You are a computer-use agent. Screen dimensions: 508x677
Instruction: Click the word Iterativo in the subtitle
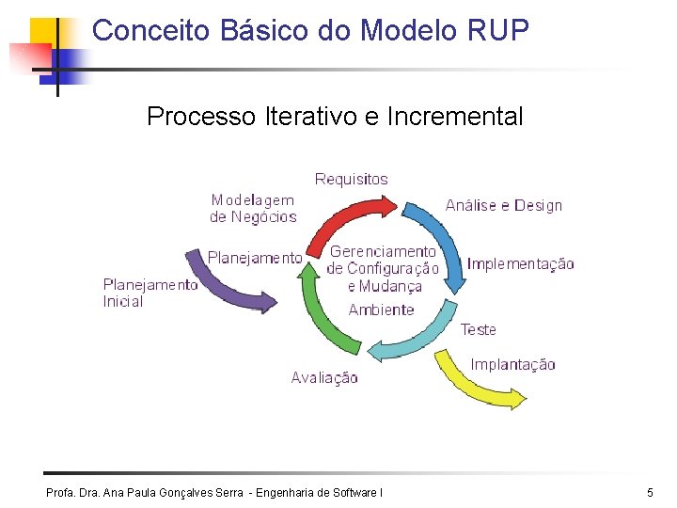(x=309, y=117)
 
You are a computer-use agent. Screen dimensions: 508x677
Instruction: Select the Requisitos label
(x=351, y=179)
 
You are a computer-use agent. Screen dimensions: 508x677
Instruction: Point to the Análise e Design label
(x=503, y=205)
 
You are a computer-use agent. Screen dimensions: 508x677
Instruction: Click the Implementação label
(x=520, y=264)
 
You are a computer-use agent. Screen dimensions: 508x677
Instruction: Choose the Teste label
(x=478, y=329)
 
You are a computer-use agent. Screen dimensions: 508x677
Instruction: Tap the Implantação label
(x=512, y=364)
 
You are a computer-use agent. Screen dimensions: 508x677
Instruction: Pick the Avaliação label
(x=324, y=377)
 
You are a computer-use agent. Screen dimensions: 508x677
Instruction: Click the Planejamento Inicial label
(x=150, y=293)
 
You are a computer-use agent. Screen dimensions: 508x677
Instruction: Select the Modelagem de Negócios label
(x=253, y=208)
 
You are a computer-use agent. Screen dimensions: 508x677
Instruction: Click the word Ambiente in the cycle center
(x=381, y=310)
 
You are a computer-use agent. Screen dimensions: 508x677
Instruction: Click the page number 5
(x=650, y=492)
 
